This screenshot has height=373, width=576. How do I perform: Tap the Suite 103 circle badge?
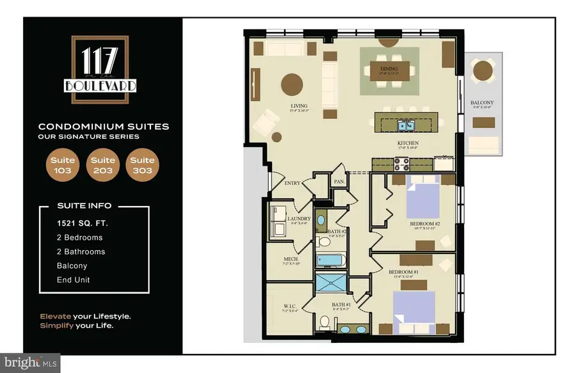coord(63,165)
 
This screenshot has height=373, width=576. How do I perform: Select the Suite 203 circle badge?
coord(102,165)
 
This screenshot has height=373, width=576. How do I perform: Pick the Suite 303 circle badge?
coord(142,165)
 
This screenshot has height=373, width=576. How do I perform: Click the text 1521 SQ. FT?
coord(78,223)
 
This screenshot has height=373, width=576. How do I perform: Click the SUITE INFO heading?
coord(84,205)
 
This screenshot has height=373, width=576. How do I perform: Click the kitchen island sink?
coord(404,125)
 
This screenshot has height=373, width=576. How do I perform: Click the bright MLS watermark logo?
coord(30,362)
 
